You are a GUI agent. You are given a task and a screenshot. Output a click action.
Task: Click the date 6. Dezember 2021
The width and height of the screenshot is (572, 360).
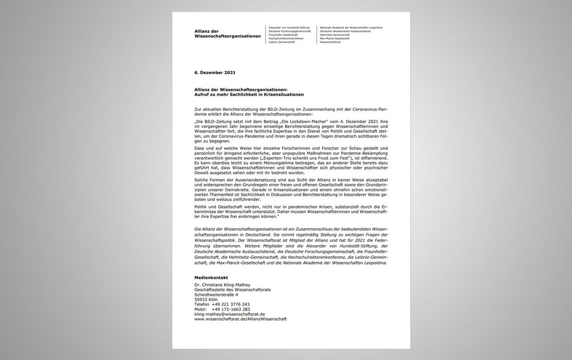pos(215,73)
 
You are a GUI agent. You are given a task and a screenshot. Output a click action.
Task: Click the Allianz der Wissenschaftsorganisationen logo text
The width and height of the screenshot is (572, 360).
pos(227,34)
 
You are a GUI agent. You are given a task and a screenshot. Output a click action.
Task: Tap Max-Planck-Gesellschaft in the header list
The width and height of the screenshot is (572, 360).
pos(334,39)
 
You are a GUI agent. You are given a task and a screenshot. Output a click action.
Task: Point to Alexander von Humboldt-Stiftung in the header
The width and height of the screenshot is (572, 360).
pos(290,27)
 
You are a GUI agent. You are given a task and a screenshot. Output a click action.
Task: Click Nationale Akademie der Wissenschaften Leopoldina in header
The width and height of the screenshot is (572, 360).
pos(351,27)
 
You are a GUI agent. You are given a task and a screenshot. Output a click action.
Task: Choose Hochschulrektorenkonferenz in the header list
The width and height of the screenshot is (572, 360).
pos(286,39)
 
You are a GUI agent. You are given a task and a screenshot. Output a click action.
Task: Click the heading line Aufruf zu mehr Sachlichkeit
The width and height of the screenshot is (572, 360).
pos(249,94)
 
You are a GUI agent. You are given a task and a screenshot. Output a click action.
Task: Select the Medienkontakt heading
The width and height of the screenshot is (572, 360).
pos(211,277)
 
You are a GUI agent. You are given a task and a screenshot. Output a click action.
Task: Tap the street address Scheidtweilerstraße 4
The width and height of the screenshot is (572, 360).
pos(216,295)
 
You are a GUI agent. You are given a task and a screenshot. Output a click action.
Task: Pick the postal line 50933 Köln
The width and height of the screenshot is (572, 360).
pos(206,299)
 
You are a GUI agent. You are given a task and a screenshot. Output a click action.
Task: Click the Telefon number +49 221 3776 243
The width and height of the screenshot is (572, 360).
pos(230,304)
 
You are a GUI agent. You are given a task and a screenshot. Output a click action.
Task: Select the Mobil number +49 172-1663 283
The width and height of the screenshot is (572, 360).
pos(230,309)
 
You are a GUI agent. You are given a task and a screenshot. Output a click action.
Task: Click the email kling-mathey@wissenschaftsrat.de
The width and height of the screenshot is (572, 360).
pos(229,314)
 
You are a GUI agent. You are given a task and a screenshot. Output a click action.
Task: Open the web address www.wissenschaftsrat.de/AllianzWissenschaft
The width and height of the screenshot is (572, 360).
pos(240,319)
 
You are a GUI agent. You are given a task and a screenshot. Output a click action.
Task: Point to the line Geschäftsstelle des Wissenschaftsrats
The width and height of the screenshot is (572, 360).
pos(232,290)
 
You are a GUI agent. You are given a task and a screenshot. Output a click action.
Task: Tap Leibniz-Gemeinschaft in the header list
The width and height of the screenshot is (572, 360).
pos(282,42)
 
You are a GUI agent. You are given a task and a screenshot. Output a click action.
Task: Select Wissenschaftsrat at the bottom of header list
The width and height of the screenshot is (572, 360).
pos(330,42)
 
